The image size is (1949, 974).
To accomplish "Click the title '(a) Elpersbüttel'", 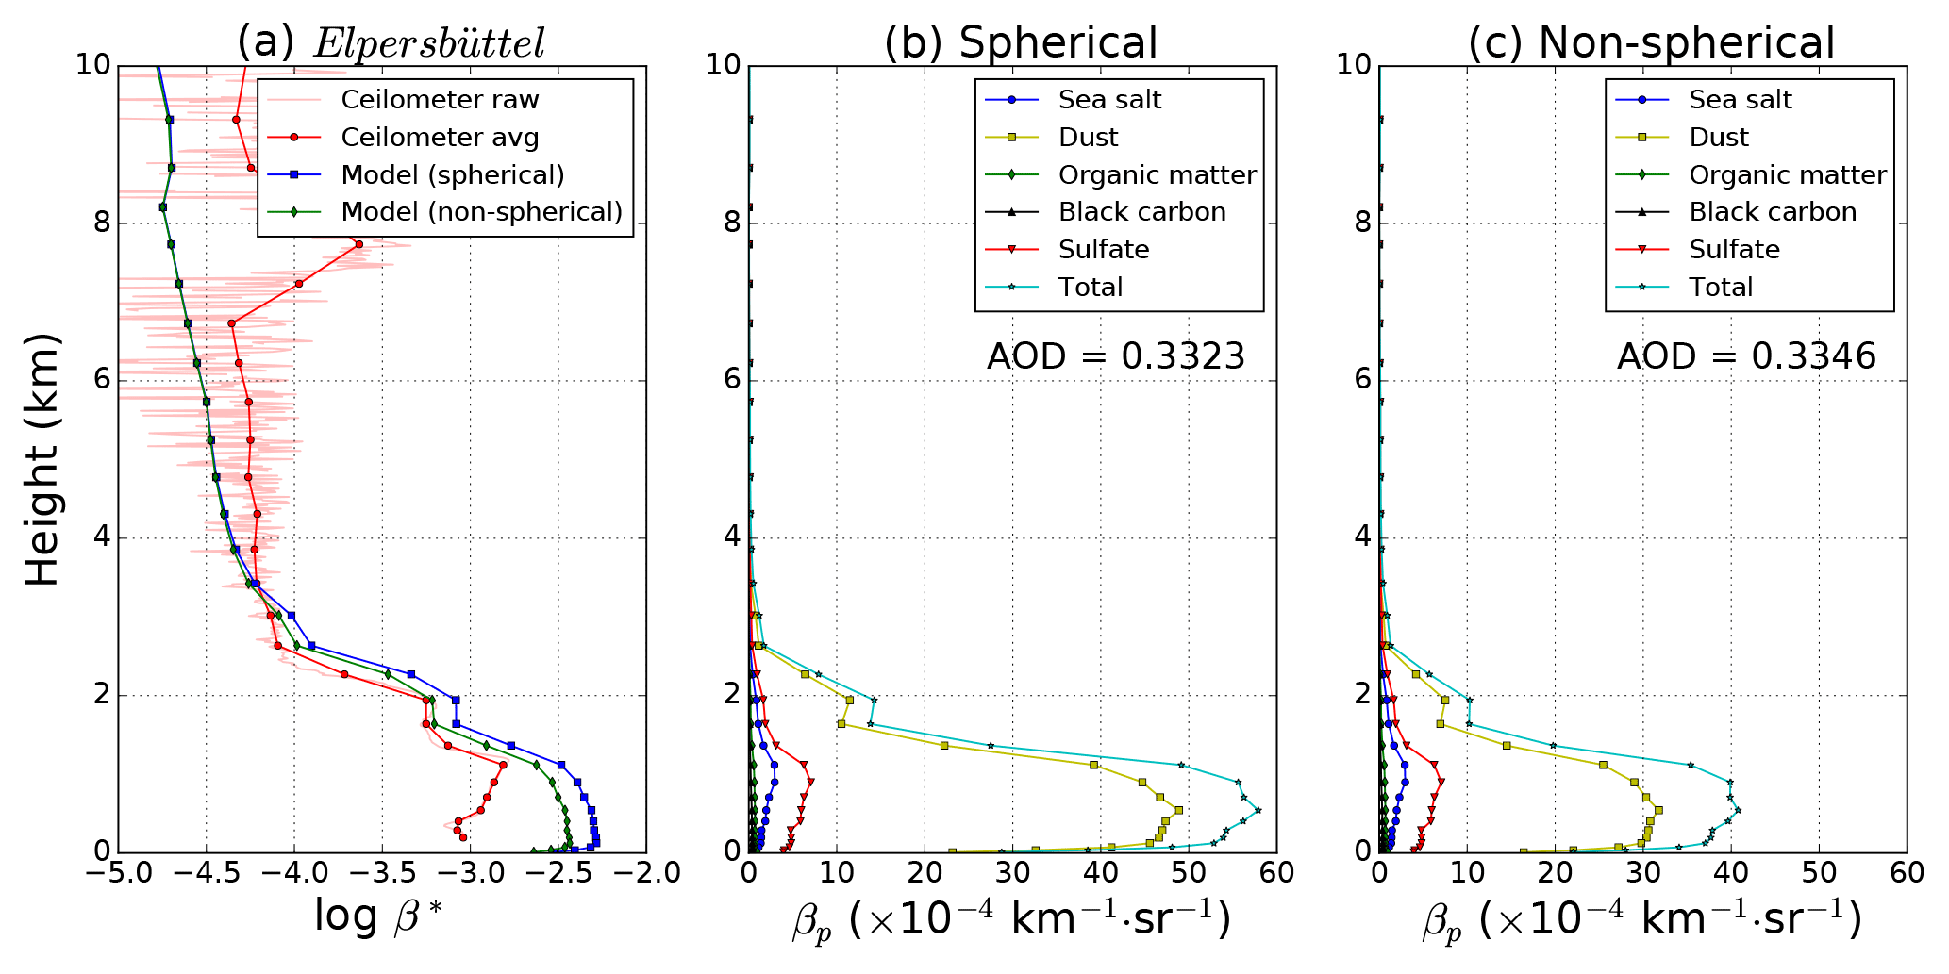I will point(391,42).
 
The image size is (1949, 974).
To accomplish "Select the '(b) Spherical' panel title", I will point(1020,42).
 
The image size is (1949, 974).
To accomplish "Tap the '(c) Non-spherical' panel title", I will point(1651,42).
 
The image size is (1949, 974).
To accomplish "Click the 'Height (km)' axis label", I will point(42,459).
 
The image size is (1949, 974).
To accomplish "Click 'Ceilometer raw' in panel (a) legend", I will point(440,100).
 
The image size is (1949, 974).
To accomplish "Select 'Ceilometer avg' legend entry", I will point(440,138).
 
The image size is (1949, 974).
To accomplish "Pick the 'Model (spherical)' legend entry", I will point(453,175).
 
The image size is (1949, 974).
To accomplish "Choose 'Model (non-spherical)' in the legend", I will point(481,212).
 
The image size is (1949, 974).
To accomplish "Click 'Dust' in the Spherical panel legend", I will point(1088,138).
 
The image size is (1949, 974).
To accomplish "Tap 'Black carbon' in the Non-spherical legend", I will point(1773,212).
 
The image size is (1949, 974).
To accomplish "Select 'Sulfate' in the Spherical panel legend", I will point(1104,250).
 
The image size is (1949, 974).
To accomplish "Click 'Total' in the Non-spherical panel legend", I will point(1721,288).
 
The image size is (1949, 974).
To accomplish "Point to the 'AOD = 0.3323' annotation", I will point(1116,356).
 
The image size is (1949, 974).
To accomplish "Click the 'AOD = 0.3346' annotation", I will point(1746,356).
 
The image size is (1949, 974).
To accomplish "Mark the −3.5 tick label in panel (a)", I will point(382,873).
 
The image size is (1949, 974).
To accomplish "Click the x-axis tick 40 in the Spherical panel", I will point(1101,873).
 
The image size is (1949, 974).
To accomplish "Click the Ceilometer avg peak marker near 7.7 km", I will point(358,244).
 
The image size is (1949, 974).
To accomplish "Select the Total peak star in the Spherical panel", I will point(1258,810).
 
